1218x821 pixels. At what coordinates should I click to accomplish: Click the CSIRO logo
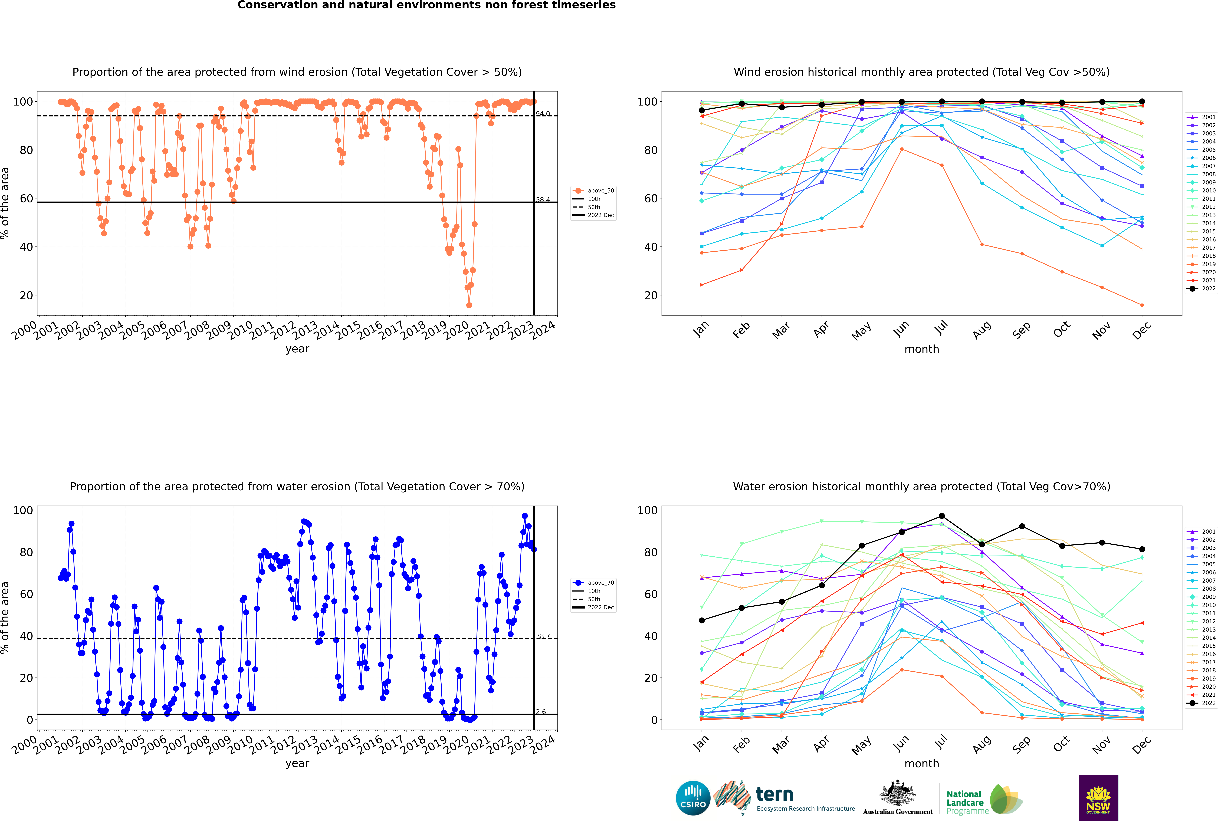pos(693,798)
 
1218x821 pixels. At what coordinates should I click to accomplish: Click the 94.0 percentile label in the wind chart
pos(543,114)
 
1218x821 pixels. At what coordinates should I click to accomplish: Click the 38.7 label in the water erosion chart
pos(543,636)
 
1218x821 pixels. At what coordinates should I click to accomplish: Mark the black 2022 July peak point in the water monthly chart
pos(941,516)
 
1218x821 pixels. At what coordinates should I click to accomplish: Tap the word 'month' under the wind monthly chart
pos(922,349)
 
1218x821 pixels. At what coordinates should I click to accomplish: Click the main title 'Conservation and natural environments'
pos(426,5)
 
